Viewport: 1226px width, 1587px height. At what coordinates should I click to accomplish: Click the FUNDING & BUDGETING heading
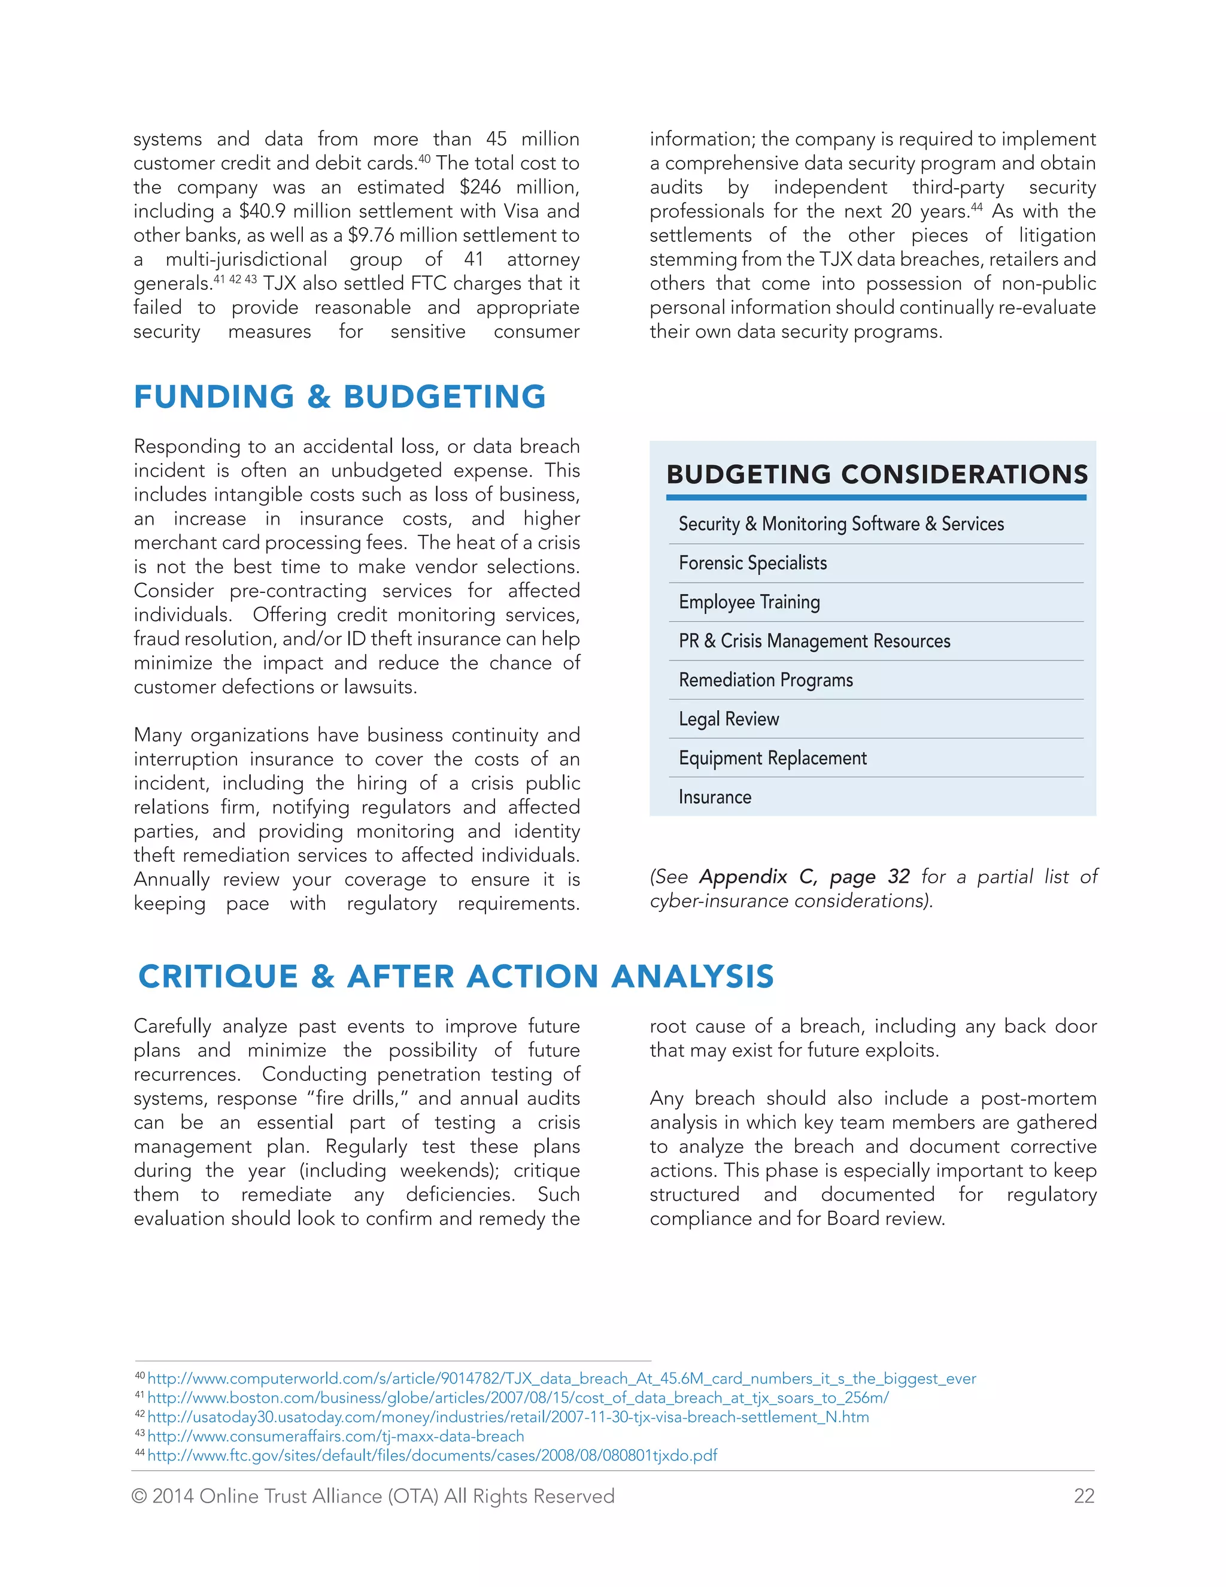339,396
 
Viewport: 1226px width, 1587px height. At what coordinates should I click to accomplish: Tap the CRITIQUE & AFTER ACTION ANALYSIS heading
456,976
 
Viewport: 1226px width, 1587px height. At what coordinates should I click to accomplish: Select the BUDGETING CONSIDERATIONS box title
876,474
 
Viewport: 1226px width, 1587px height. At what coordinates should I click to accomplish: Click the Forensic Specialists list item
752,563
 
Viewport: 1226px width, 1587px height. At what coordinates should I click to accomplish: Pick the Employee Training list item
749,602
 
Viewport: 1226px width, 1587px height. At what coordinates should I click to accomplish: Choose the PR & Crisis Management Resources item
814,641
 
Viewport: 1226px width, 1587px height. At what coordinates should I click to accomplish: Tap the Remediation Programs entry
766,680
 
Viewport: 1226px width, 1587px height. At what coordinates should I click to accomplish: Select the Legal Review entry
729,719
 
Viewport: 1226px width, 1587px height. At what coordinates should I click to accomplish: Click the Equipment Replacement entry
773,758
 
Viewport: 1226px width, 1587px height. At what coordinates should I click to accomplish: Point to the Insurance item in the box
715,797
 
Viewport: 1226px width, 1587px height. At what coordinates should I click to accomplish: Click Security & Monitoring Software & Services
841,524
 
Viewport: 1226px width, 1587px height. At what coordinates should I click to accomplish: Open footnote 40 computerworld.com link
561,1379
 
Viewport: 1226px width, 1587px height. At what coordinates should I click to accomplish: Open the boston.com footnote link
517,1397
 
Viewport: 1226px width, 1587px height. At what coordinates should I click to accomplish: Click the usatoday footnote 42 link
508,1417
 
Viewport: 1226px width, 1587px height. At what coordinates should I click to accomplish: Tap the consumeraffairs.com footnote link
335,1436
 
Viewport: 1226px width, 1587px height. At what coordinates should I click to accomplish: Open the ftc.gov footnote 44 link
432,1455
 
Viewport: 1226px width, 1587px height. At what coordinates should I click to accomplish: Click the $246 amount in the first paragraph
480,187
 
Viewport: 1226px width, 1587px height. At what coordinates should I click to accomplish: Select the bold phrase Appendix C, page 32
804,877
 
